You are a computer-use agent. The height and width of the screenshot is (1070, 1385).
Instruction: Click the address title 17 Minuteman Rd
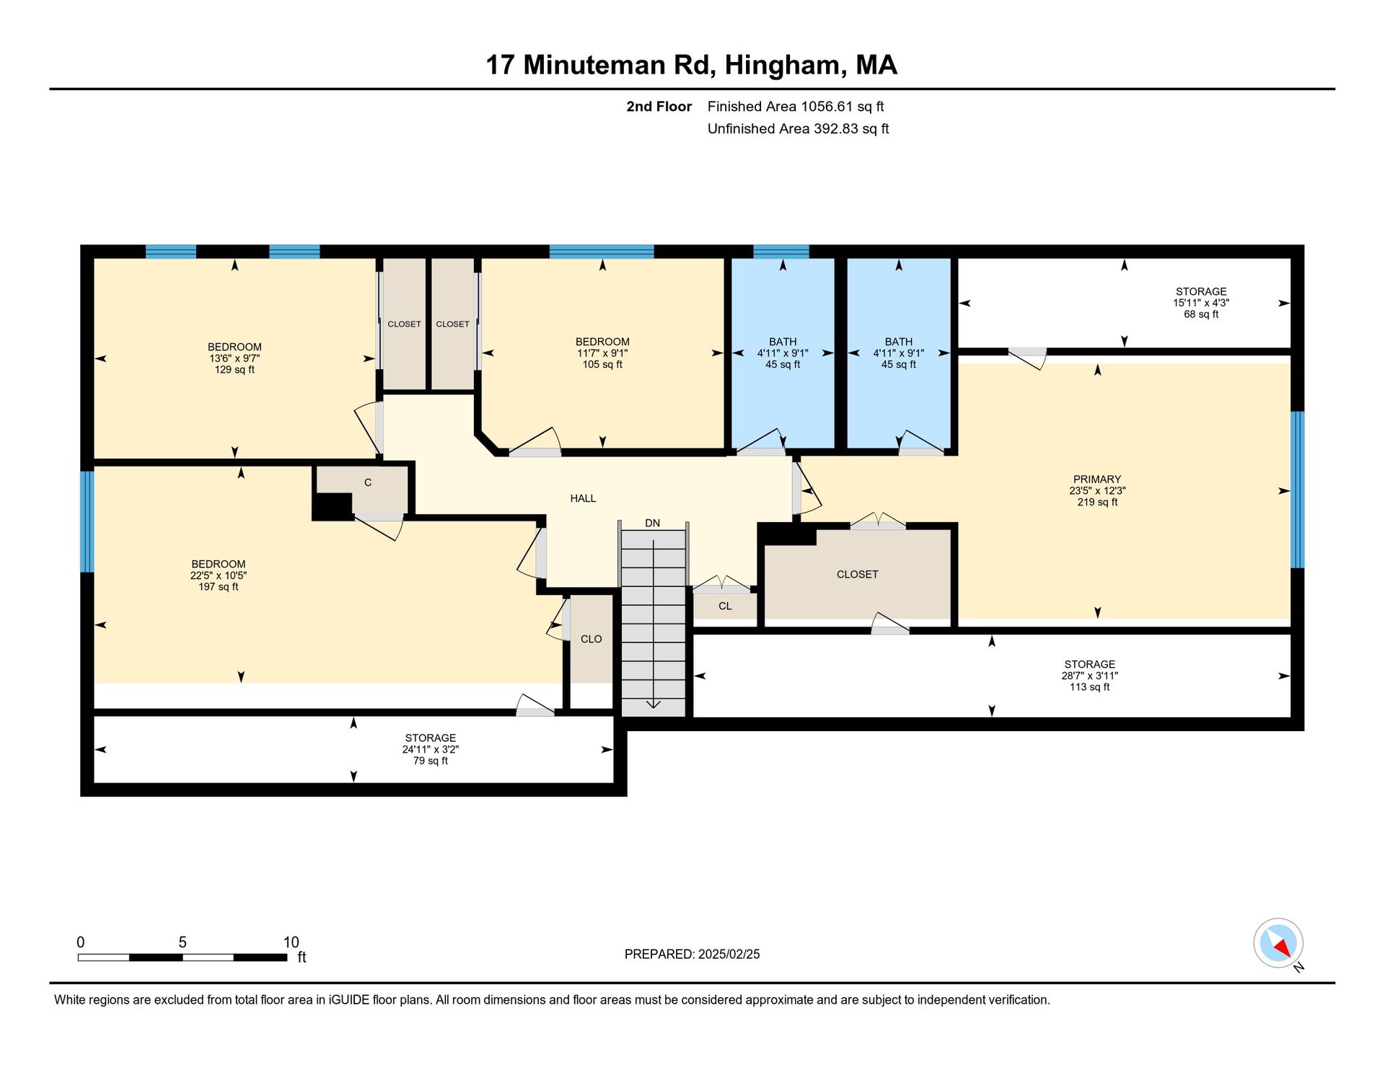[600, 65]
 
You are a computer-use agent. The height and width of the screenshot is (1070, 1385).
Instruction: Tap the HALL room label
[583, 498]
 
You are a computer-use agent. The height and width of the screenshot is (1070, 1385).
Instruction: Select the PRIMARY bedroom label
[1096, 479]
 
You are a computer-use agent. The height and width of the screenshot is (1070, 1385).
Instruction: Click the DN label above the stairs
[652, 523]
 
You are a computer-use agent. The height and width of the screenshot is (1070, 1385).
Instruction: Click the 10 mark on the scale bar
[291, 942]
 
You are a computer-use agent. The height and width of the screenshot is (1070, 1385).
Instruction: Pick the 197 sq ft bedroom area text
[219, 587]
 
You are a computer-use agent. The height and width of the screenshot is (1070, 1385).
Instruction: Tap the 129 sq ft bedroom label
[234, 370]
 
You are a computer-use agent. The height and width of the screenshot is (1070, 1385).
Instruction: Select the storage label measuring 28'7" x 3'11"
[1089, 676]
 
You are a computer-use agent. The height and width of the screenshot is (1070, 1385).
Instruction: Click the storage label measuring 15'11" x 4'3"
[1201, 303]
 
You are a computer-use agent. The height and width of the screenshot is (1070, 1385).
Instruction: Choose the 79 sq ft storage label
[431, 749]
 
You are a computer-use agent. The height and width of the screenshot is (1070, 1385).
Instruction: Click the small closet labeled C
[368, 482]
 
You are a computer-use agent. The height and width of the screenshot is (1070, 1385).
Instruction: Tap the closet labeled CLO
[592, 639]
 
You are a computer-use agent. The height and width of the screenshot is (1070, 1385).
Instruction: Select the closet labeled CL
[725, 606]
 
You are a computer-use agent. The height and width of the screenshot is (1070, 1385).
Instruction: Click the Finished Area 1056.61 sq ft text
[796, 107]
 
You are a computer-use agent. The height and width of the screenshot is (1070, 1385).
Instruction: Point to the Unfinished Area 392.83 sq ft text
[798, 129]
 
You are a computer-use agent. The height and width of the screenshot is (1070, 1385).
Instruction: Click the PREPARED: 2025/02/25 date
[692, 955]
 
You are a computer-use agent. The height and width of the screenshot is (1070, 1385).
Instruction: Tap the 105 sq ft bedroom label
[602, 365]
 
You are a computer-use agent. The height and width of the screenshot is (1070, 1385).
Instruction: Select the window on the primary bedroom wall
[1297, 490]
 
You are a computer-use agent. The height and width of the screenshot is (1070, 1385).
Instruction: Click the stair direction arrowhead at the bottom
[653, 704]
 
